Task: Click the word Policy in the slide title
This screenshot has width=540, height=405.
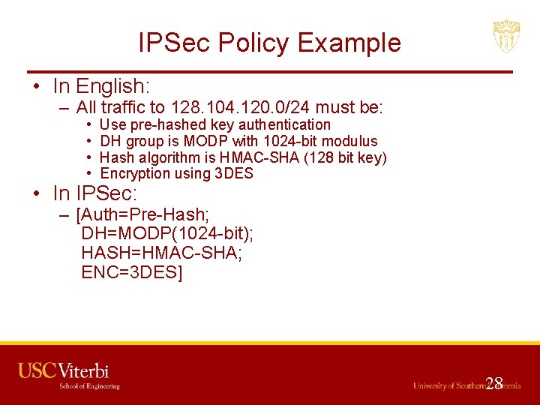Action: tap(252, 43)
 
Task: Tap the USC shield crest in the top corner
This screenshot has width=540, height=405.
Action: tap(506, 36)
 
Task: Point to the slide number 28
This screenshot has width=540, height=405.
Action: tap(493, 384)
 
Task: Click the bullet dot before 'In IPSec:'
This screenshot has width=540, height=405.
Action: tap(36, 193)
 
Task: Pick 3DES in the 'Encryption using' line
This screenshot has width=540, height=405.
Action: tap(234, 174)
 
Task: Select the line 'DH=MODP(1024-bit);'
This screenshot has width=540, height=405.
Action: tap(166, 235)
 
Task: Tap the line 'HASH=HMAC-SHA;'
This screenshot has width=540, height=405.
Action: tap(161, 253)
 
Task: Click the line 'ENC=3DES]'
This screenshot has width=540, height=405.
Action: tap(132, 271)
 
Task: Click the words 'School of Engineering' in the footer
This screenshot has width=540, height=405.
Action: tap(89, 386)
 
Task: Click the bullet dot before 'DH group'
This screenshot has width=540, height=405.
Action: tap(89, 141)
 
